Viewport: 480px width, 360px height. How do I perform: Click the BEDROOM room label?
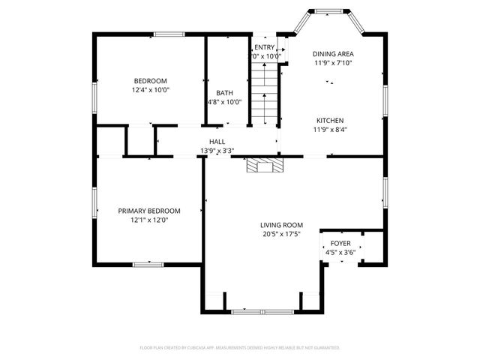[150, 81]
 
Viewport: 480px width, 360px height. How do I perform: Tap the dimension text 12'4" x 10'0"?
[150, 90]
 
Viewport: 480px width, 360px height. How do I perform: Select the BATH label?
[224, 93]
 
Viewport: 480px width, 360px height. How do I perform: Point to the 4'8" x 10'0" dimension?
[224, 102]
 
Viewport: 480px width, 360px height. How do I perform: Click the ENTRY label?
[264, 47]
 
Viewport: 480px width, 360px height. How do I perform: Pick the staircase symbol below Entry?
[264, 94]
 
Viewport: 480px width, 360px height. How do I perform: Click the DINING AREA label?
[333, 54]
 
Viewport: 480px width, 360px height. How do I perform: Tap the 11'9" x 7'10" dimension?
[333, 63]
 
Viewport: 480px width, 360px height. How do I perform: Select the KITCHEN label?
[330, 120]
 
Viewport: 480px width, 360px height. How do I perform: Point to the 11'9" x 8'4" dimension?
[330, 129]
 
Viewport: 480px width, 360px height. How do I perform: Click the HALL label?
[217, 142]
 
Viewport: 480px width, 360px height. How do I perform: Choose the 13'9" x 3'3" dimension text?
[217, 151]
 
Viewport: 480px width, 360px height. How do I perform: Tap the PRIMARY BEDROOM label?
[149, 211]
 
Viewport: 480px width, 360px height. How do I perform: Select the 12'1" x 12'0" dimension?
[149, 220]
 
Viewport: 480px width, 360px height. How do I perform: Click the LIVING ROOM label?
[281, 225]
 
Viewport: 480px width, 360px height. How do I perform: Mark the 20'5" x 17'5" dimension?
[281, 234]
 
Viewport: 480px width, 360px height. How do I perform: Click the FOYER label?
[340, 244]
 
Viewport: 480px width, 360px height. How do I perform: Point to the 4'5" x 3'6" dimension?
[340, 253]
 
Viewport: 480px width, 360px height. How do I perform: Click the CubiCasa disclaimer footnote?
[240, 348]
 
